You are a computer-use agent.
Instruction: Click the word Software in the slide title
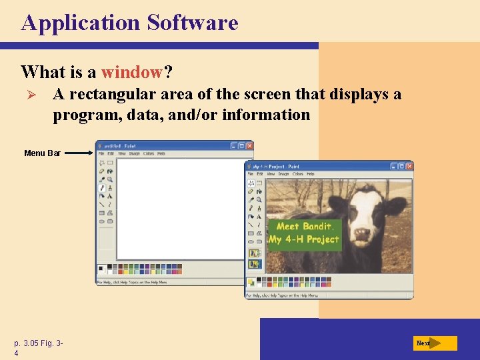tap(193, 23)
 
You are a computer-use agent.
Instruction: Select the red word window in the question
tap(131, 71)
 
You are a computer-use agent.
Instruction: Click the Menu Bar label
tap(42, 153)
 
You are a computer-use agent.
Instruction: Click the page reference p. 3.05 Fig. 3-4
tap(38, 348)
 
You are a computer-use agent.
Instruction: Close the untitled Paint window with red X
tap(249, 145)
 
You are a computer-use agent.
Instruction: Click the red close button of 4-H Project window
tap(408, 166)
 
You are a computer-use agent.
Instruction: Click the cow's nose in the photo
tap(362, 234)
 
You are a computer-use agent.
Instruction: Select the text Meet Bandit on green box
tap(304, 227)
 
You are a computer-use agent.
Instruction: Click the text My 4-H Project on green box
tap(304, 239)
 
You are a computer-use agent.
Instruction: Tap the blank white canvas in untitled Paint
tap(180, 207)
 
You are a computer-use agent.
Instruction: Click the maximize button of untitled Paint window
tap(242, 145)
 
